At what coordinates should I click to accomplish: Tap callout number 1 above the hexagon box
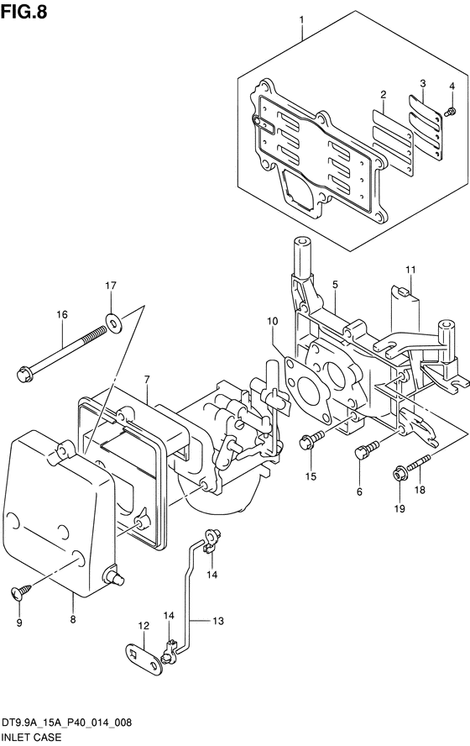point(301,20)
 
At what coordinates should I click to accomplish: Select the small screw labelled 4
point(450,112)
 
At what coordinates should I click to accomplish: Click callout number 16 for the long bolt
point(62,314)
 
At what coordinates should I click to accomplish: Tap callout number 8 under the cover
point(73,619)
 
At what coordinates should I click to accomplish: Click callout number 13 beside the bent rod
point(217,621)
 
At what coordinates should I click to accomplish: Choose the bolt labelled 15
point(311,440)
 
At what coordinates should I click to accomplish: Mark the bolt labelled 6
point(367,449)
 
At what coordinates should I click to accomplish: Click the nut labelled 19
point(399,475)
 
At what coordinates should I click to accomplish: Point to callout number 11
point(410,270)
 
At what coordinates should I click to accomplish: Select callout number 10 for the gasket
point(272,322)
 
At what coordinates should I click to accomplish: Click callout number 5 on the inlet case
point(335,285)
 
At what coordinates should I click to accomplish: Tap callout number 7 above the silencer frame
point(147,379)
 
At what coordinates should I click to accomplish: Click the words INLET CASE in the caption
point(32,738)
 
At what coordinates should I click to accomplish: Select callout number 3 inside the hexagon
point(422,84)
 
